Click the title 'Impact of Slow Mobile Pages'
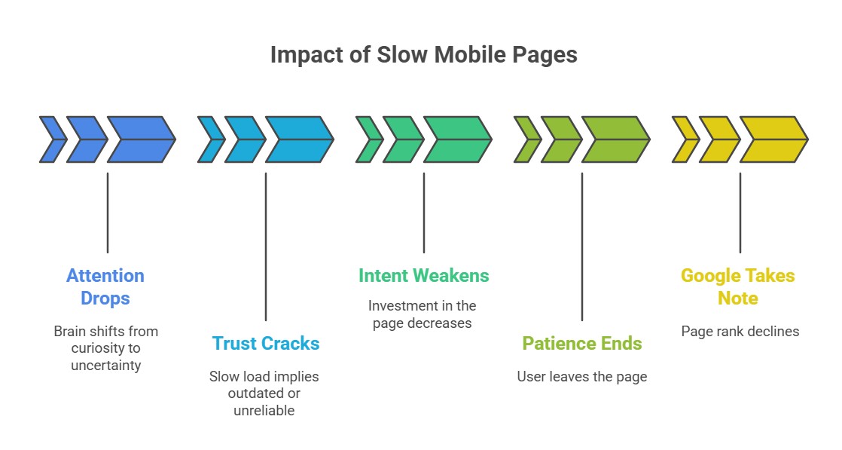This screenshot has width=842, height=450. (423, 56)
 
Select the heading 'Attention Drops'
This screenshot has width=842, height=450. (105, 287)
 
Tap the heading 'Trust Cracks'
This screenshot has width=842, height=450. (266, 344)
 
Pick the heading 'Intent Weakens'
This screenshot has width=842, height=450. (423, 276)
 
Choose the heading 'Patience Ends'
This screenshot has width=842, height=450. (582, 344)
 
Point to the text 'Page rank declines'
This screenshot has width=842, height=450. (740, 331)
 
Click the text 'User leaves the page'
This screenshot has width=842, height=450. (582, 376)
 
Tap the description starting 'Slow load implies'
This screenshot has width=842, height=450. (264, 393)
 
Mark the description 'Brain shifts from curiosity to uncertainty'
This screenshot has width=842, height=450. (105, 347)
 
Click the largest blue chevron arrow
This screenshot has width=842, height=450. (141, 139)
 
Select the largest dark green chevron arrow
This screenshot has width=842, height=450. (457, 139)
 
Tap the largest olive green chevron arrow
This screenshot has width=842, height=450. (615, 139)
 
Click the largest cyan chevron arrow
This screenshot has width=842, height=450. (299, 139)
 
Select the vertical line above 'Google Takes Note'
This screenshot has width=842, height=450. (740, 213)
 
